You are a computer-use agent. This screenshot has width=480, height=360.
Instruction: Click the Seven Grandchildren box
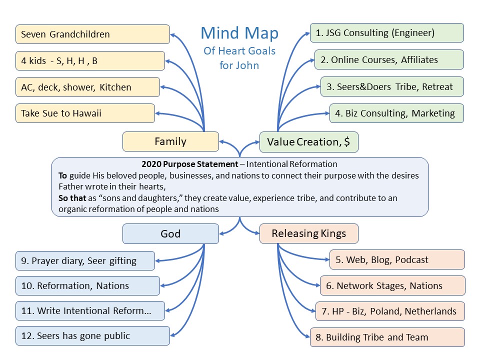pyautogui.click(x=92, y=34)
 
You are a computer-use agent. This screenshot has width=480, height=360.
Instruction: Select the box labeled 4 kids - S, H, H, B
pyautogui.click(x=90, y=61)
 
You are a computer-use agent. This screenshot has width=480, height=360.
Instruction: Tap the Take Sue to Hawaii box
pyautogui.click(x=85, y=113)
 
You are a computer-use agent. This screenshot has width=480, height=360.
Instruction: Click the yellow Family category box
pyautogui.click(x=170, y=141)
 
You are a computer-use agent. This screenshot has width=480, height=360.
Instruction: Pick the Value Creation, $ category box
pyautogui.click(x=308, y=142)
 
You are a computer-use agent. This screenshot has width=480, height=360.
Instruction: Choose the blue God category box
pyautogui.click(x=170, y=233)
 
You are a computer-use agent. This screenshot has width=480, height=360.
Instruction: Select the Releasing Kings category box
pyautogui.click(x=308, y=233)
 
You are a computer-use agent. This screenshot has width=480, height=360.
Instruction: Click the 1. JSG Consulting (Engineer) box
pyautogui.click(x=386, y=33)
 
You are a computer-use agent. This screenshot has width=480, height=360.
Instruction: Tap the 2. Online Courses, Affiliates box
pyautogui.click(x=388, y=59)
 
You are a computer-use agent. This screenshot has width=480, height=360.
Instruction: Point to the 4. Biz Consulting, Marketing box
pyautogui.click(x=396, y=113)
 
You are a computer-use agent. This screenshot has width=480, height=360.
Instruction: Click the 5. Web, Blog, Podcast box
pyautogui.click(x=397, y=259)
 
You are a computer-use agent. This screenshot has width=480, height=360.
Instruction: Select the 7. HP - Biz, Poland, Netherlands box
pyautogui.click(x=389, y=311)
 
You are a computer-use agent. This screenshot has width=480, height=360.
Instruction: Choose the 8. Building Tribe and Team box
pyautogui.click(x=387, y=337)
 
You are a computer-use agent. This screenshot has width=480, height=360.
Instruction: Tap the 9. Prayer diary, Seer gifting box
pyautogui.click(x=85, y=260)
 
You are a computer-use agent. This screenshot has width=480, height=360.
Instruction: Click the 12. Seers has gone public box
pyautogui.click(x=92, y=335)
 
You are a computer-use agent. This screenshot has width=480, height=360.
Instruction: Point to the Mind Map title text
pyautogui.click(x=239, y=33)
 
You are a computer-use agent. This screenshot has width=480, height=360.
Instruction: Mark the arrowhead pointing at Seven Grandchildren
pyautogui.click(x=173, y=35)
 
